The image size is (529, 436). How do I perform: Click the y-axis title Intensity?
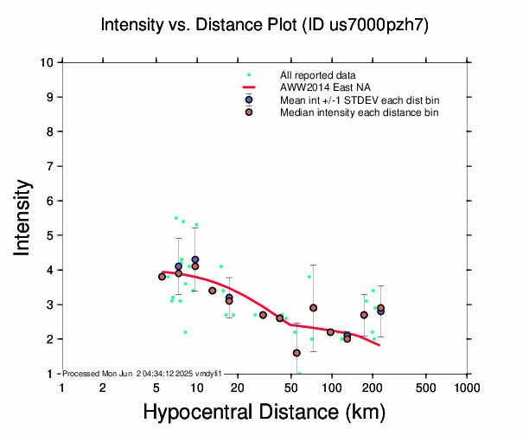(x=23, y=217)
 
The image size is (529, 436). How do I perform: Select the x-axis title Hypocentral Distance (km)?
(x=264, y=413)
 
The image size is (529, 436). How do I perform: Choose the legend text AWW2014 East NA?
(x=319, y=87)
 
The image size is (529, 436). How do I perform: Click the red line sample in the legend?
(x=249, y=87)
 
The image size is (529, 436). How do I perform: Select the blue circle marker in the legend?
(x=249, y=99)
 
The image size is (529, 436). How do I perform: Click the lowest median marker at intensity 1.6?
(x=296, y=353)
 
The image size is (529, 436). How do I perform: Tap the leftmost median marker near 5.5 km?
(x=162, y=277)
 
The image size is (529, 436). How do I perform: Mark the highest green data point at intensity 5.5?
(x=176, y=218)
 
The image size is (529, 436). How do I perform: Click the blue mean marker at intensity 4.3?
(x=195, y=260)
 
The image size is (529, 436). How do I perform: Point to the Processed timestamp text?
(x=143, y=373)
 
